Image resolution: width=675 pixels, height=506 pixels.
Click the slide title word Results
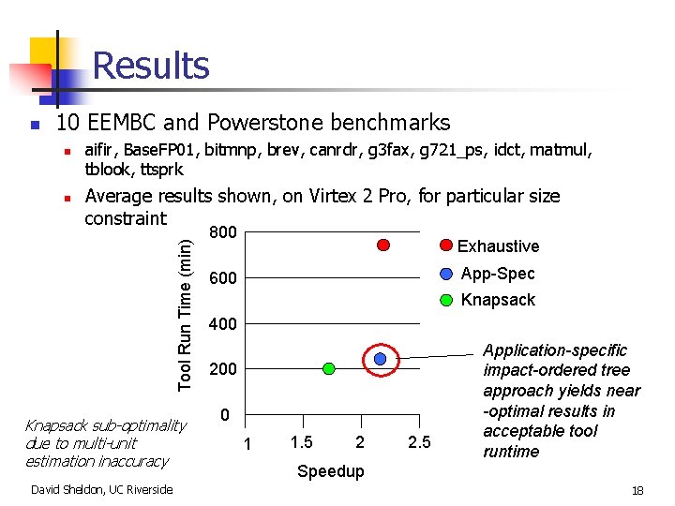[151, 66]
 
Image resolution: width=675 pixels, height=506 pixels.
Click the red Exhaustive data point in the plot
[382, 245]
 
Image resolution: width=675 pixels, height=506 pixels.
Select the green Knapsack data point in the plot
[328, 368]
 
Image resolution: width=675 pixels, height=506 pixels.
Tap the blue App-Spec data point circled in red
[381, 359]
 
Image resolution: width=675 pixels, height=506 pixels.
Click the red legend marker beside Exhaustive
[446, 246]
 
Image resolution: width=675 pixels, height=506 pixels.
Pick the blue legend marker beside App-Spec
[446, 273]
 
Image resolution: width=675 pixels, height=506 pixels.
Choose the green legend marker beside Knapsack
[446, 300]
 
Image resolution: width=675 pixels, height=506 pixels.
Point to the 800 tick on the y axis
[222, 232]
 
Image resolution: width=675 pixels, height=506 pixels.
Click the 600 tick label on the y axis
[222, 278]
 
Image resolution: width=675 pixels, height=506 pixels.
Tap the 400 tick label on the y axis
[222, 324]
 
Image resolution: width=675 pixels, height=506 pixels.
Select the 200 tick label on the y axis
[222, 369]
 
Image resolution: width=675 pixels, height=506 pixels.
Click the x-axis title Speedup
[329, 471]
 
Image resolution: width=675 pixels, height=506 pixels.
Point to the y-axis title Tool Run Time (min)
[186, 314]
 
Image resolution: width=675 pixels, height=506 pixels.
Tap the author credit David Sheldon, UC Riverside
[102, 489]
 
